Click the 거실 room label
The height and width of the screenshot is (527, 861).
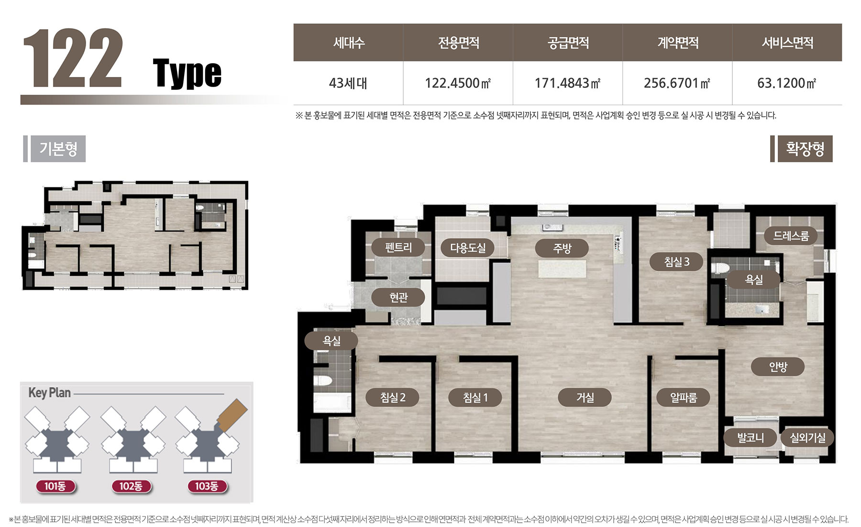[585, 397]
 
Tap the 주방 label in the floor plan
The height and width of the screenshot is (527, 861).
[562, 248]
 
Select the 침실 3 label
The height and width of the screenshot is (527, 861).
[677, 262]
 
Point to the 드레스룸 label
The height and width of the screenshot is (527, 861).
[791, 235]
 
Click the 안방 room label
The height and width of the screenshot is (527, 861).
[778, 367]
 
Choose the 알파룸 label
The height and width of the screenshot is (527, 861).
[683, 397]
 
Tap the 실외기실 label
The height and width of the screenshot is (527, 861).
[807, 438]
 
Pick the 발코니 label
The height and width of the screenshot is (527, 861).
[750, 438]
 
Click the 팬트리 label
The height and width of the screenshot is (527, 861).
[398, 247]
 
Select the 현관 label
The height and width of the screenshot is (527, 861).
[398, 297]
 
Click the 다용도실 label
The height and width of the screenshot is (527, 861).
[468, 248]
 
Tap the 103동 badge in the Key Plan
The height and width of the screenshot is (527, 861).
[207, 486]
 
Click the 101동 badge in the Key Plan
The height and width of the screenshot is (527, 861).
[55, 486]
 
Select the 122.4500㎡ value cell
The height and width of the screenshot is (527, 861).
[458, 83]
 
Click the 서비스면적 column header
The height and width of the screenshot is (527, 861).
[787, 43]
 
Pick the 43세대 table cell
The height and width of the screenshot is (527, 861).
[348, 83]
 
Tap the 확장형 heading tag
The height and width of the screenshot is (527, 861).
[805, 149]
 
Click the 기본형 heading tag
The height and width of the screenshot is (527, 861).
[58, 149]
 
